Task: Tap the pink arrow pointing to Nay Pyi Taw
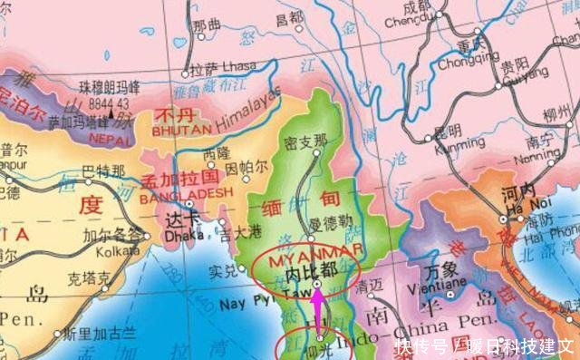click(x=318, y=314)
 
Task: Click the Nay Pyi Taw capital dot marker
click(x=317, y=284)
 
